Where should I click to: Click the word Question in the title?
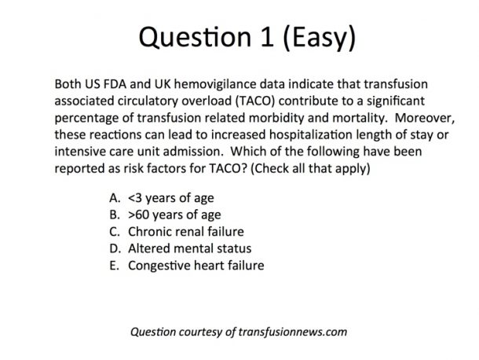[195, 37]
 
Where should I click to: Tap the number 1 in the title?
[267, 37]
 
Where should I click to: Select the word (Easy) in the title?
[320, 38]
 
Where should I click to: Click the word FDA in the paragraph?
[115, 84]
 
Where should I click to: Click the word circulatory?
[148, 101]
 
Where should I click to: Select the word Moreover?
[425, 118]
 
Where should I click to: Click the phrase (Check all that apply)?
[310, 168]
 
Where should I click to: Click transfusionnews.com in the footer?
[293, 332]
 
